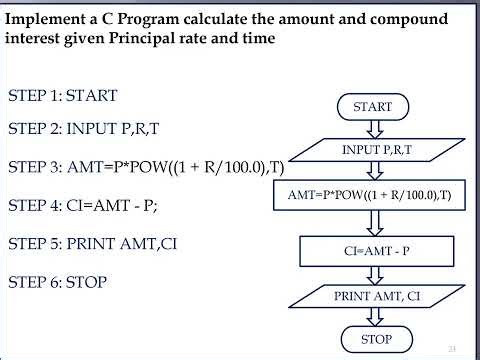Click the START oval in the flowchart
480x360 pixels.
tap(373, 106)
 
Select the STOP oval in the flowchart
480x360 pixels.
tap(375, 339)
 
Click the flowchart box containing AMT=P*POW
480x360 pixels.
tap(369, 196)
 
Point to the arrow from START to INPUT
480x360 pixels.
tap(373, 128)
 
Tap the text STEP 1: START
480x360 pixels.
tap(63, 96)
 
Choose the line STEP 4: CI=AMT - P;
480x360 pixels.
tap(83, 206)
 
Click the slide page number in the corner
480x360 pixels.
tap(452, 348)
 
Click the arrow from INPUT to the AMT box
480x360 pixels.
tap(373, 171)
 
